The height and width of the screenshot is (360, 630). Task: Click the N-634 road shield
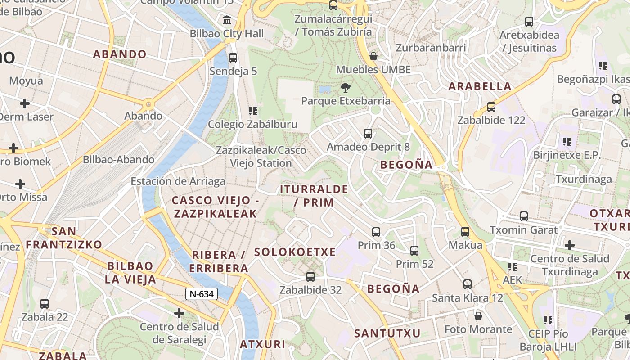point(202,294)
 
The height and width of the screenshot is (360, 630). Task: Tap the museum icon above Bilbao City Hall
point(227,20)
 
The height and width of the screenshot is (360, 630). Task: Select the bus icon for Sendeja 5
point(233,58)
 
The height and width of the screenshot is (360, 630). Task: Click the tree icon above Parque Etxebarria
point(346,87)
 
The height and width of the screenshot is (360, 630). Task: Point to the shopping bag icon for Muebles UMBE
point(373,56)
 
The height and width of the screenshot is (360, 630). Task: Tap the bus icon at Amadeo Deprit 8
point(368,134)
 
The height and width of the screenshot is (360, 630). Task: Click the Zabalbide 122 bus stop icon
point(491,107)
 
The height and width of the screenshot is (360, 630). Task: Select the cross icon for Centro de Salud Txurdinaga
point(569,245)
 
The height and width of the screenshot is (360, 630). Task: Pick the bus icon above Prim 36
point(376,232)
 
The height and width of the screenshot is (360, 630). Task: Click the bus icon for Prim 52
point(414,251)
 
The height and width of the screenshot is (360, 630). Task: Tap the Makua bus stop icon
point(465,232)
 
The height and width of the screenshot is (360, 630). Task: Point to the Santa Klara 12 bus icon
point(467,284)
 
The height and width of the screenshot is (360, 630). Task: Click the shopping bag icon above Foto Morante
point(478,316)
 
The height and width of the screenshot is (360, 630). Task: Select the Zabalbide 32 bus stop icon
point(310,277)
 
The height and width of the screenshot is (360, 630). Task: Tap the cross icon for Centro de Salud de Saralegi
point(179,313)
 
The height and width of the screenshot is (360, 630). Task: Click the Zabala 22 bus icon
point(44,304)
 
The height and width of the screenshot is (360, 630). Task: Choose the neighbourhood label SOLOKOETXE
point(295,252)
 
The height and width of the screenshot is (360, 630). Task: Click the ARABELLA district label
point(480,86)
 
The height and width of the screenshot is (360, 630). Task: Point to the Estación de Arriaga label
point(178,181)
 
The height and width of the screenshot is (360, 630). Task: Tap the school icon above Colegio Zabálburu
point(252,111)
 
